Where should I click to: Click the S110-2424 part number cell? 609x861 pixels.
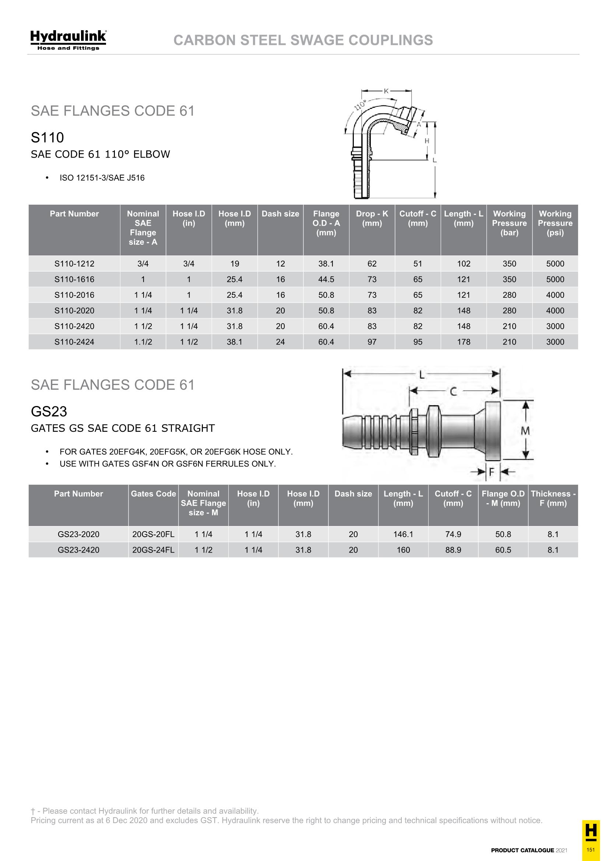pos(74,342)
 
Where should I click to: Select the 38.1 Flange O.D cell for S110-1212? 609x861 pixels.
pos(326,264)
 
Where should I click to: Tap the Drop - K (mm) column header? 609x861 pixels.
pos(372,218)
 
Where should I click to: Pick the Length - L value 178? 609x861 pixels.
pos(464,342)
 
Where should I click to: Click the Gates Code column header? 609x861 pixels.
pos(153,494)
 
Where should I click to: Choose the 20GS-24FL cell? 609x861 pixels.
pos(153,550)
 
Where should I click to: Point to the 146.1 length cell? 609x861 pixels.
pos(403,534)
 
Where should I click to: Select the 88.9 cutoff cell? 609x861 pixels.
pos(453,550)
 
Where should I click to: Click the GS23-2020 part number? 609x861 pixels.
pos(78,534)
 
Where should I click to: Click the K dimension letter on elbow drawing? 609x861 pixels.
pos(386,91)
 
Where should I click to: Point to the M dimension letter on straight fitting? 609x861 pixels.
pos(525,431)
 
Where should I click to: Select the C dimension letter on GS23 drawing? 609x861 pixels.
pos(453,392)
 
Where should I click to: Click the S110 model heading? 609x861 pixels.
pos(47,138)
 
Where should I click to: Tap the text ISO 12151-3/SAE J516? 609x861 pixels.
pos(102,178)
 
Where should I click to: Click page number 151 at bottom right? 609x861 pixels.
pos(591,849)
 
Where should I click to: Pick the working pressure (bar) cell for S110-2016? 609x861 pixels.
pos(509,295)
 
